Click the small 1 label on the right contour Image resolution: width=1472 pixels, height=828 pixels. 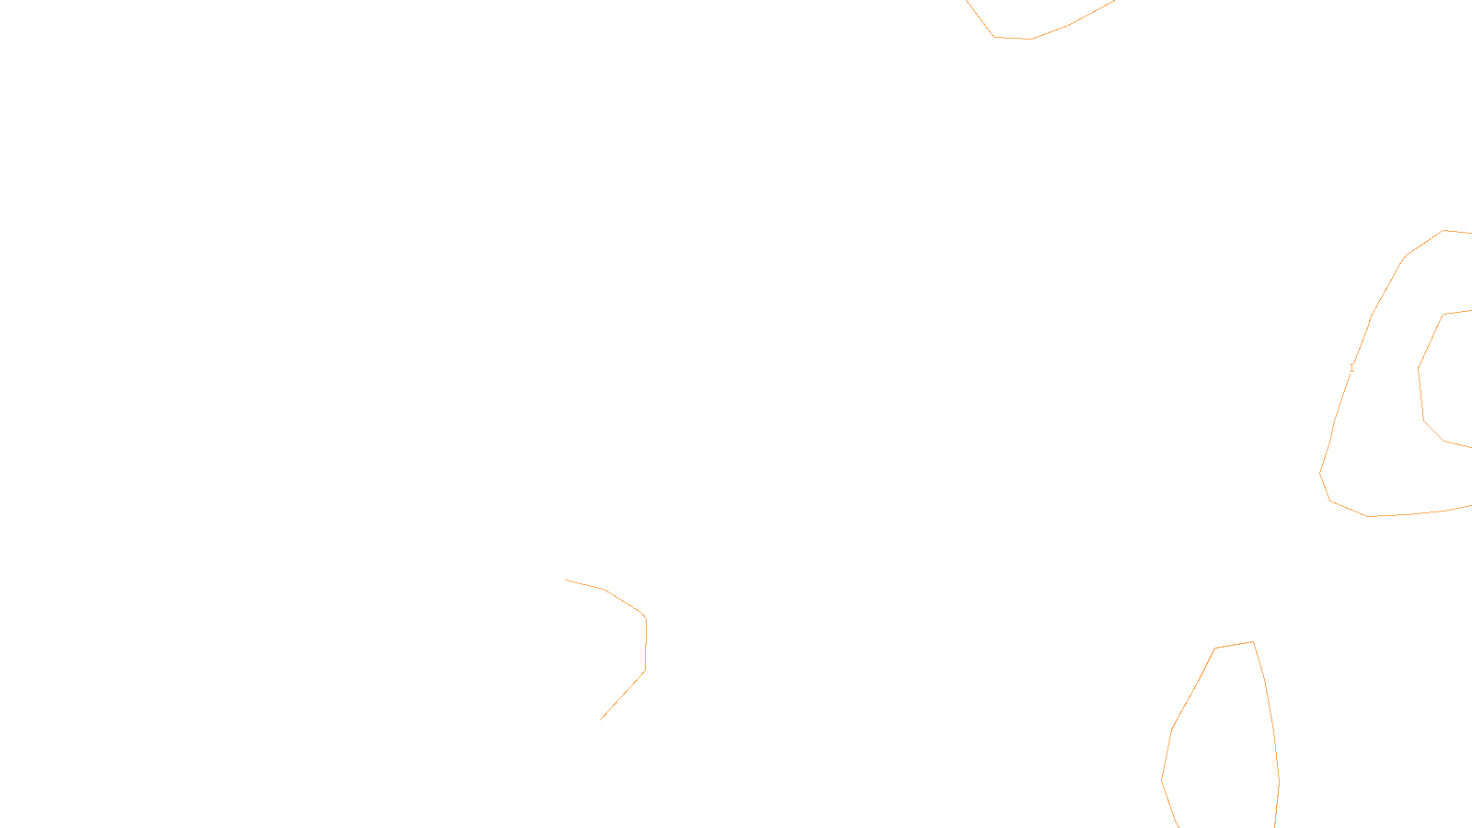(1351, 368)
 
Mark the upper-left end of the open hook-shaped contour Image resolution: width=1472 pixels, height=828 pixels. (565, 580)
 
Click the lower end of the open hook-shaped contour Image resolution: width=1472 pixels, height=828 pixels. (601, 719)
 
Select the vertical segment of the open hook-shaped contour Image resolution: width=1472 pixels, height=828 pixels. (646, 644)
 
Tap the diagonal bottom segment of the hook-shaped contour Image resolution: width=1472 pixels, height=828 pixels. (623, 696)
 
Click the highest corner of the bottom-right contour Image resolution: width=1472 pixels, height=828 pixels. (1253, 641)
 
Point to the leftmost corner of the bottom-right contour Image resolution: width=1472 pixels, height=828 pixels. (1162, 780)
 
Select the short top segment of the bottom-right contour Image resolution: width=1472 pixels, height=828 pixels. (1234, 645)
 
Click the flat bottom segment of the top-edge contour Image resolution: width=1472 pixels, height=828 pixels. (1013, 38)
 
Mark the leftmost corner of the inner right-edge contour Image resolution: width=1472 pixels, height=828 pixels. (1419, 369)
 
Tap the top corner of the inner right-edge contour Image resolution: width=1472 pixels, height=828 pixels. (1444, 315)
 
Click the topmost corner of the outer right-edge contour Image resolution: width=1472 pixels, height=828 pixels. (1444, 230)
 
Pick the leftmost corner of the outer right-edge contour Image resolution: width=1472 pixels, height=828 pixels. (1320, 473)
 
